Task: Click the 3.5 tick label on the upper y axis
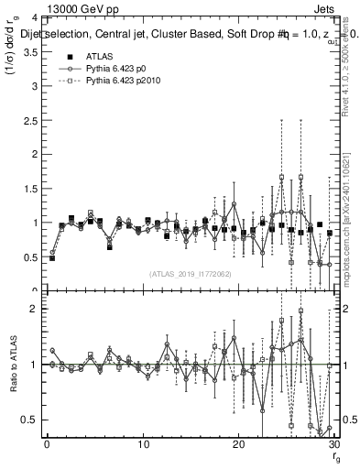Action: pos(32,52)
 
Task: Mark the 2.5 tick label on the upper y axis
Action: pos(32,121)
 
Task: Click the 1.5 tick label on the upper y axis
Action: pos(32,189)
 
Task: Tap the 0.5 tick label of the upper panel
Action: pos(32,257)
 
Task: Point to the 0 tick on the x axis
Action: pos(47,445)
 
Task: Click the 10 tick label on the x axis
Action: pos(143,445)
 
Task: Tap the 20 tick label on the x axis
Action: pos(238,445)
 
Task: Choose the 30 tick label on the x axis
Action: pos(333,445)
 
